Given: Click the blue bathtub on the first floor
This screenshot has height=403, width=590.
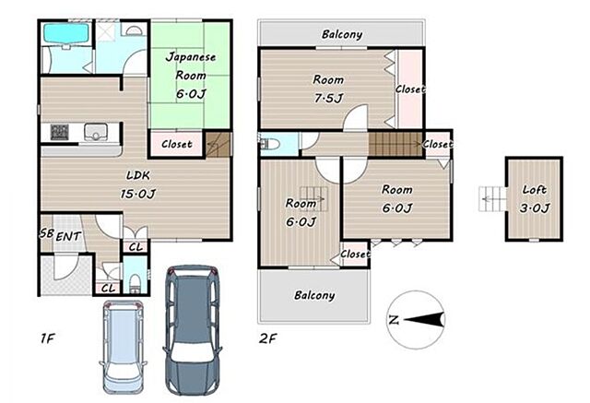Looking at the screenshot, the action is tap(66, 33).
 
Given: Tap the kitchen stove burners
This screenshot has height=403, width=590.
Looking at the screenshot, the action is tap(59, 132).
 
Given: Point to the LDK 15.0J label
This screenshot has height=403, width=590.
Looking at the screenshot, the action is tap(138, 184).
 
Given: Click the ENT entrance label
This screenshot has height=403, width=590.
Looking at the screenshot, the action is tap(68, 237).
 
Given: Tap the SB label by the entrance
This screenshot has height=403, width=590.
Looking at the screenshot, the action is tap(46, 233).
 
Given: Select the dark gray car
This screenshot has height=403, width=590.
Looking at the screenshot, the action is tap(193, 331).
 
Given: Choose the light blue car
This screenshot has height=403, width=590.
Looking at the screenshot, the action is tap(123, 347).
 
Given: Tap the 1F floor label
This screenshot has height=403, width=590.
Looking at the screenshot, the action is tap(48, 338).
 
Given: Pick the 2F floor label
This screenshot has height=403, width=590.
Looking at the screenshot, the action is tap(267, 338).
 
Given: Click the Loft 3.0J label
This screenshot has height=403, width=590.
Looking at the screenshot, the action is tap(535, 198).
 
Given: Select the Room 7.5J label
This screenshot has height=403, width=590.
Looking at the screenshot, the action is tap(328, 89).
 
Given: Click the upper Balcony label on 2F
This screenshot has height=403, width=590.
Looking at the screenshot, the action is tap(342, 35).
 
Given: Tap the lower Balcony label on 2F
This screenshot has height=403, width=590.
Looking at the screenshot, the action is tap(314, 295).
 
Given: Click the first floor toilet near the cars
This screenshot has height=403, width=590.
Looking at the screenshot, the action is tap(135, 283).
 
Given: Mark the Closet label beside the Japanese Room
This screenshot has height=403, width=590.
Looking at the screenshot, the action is tap(177, 144).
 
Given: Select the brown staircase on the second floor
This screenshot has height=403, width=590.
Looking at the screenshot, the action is tap(395, 144).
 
